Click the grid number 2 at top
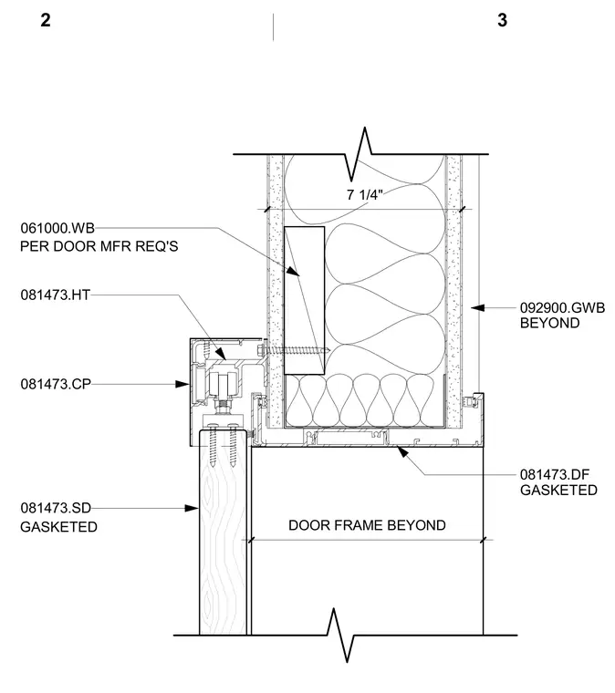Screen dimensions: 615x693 46,20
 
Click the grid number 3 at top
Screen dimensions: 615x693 502,20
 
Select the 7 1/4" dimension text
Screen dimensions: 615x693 365,194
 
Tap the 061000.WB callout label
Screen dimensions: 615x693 57,228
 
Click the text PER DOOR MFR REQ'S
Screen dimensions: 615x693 99,246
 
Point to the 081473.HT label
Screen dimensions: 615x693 56,295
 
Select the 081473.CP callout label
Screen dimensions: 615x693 56,384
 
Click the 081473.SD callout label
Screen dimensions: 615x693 56,508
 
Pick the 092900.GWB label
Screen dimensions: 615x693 562,307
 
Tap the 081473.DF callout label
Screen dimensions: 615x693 555,475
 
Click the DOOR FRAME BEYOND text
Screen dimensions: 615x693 367,525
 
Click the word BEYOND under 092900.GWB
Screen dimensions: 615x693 549,323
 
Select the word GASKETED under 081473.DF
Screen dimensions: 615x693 558,491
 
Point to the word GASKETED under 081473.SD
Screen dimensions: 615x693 58,527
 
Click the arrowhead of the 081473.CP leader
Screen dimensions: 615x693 182,384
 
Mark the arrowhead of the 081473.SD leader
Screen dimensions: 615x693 192,508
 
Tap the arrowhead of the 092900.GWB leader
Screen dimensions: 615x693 477,307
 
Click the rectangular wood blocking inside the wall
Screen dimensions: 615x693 304,301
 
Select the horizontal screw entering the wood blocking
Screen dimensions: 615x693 293,350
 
